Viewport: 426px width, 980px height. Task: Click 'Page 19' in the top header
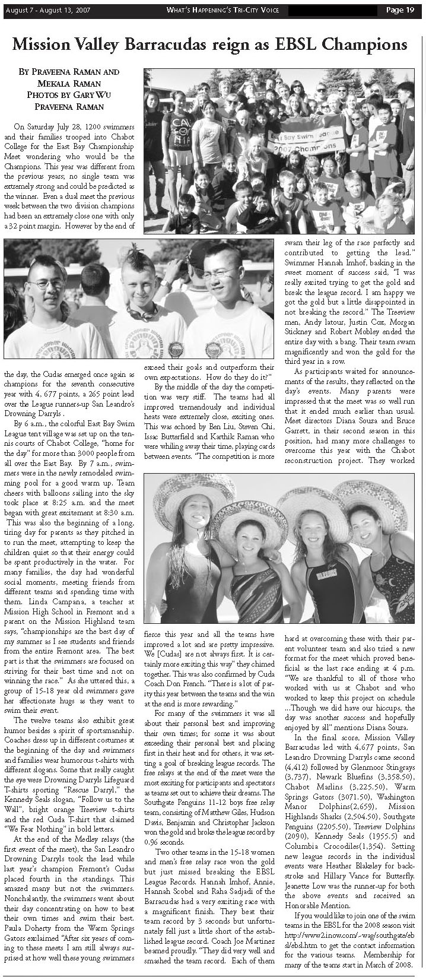[400, 9]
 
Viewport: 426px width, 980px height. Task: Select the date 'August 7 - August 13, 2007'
[45, 9]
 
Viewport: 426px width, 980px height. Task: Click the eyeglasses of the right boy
[221, 273]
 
